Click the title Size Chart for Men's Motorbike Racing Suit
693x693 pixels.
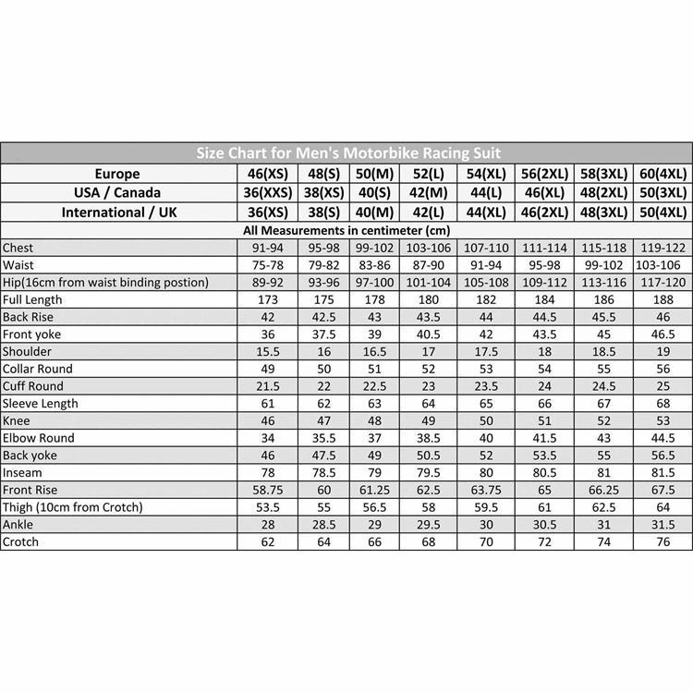pos(347,153)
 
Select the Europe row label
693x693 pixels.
pos(117,174)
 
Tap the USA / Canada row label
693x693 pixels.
pos(117,193)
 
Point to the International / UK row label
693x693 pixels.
pos(117,213)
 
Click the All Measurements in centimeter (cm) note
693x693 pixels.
pos(346,230)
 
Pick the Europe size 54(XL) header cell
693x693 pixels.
pos(485,174)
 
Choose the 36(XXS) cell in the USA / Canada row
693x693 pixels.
pos(267,193)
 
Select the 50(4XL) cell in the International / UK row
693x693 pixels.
pos(663,213)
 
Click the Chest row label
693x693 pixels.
pos(18,248)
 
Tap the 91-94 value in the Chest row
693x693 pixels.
pos(267,248)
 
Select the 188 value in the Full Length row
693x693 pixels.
pos(663,299)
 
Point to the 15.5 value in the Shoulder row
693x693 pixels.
pos(267,351)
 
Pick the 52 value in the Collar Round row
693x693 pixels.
pos(428,369)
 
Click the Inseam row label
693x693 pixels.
pos(22,472)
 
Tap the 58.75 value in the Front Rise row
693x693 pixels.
pos(267,490)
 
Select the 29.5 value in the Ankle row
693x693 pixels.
pos(428,524)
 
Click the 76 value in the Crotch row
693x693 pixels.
pos(663,541)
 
